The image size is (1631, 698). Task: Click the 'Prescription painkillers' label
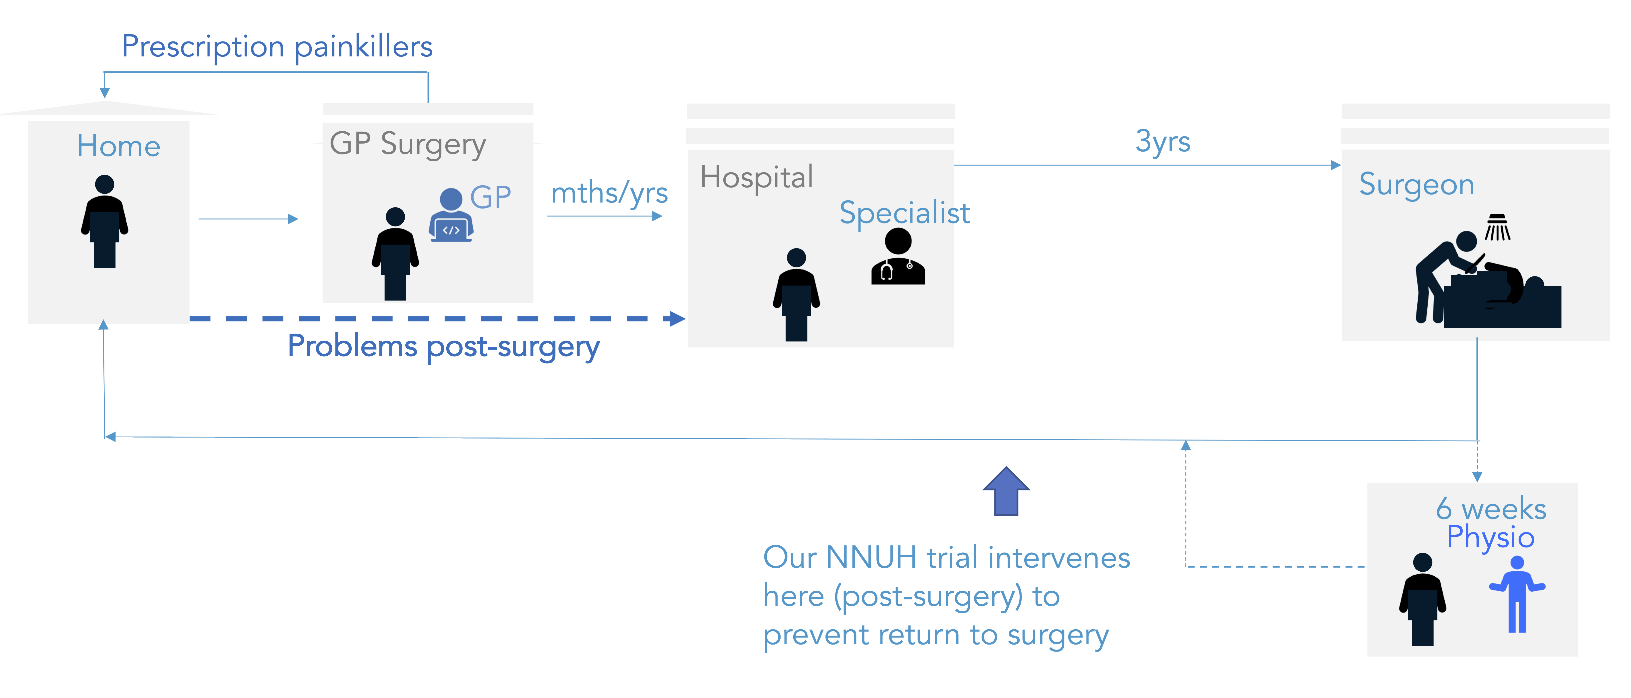(x=277, y=47)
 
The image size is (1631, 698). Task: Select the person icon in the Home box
(x=104, y=222)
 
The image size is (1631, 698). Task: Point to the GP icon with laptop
(x=451, y=215)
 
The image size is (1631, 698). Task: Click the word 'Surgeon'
(x=1416, y=185)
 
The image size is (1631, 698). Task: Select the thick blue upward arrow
(x=1006, y=491)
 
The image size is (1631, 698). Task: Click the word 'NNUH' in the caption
(x=871, y=557)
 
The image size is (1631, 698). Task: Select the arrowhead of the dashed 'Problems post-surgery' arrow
(x=677, y=318)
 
